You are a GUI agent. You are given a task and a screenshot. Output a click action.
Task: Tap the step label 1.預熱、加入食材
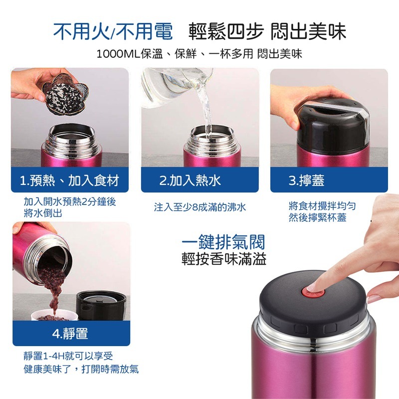[x=69, y=180]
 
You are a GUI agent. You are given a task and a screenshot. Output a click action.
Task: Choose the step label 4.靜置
[x=70, y=334]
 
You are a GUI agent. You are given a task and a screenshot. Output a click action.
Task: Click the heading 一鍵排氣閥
[x=223, y=242]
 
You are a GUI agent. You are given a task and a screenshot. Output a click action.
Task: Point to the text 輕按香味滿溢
[x=223, y=259]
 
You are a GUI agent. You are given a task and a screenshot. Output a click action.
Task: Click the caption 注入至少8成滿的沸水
[x=199, y=207]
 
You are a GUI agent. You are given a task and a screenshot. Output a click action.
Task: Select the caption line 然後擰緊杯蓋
[x=317, y=218]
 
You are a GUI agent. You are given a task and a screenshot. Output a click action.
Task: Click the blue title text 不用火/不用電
[x=113, y=32]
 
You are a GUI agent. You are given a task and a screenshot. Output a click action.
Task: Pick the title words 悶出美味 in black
[x=308, y=32]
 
